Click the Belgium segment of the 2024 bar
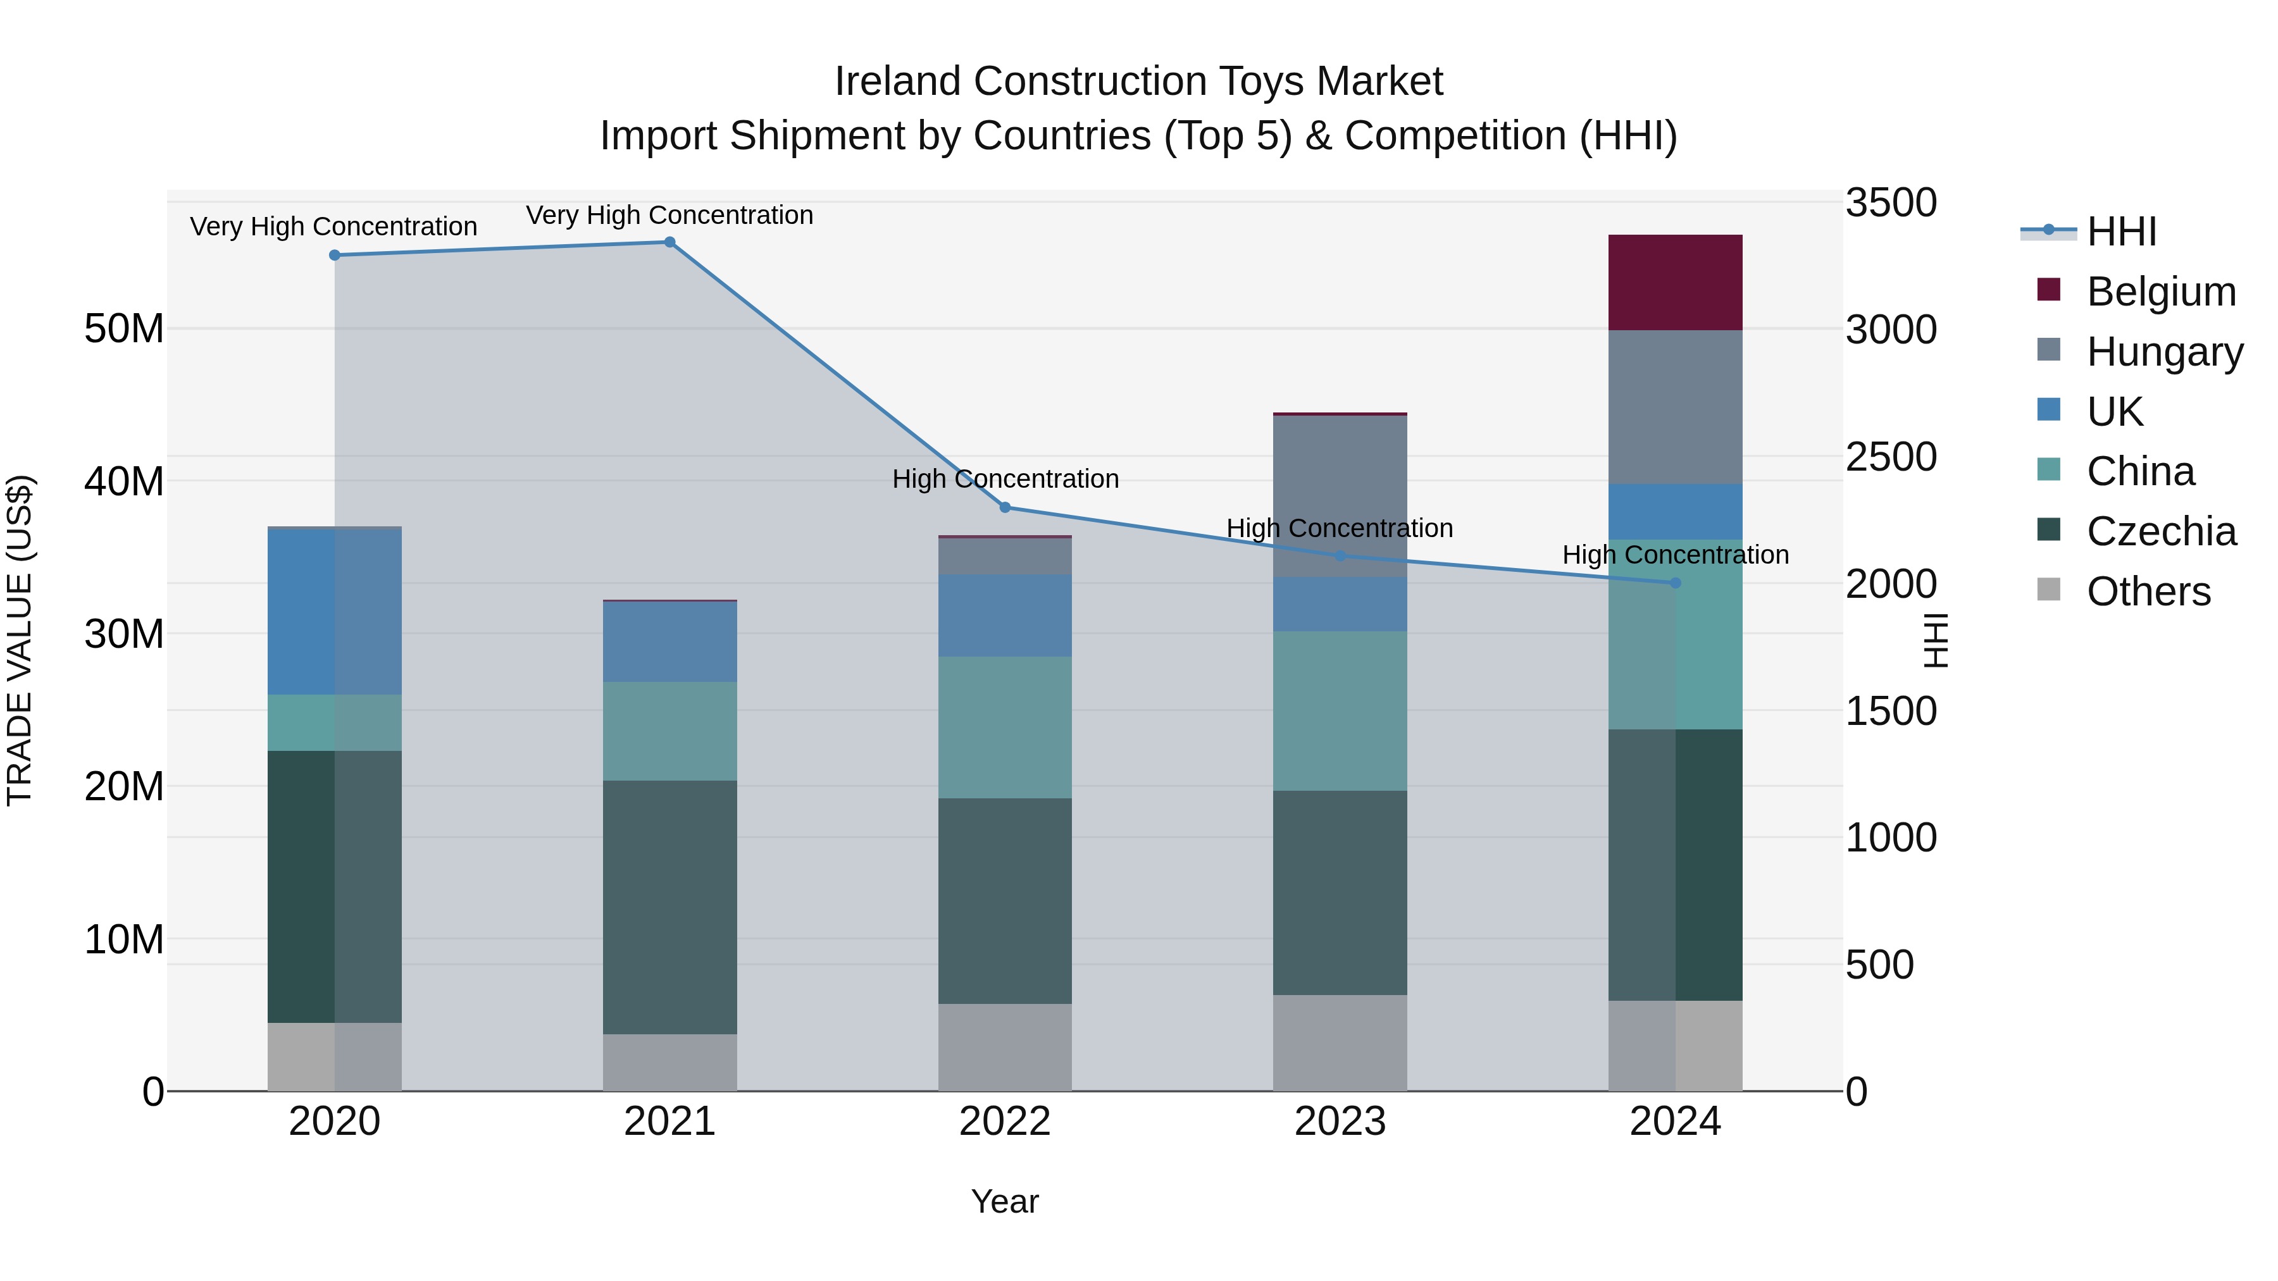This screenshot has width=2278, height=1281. click(1675, 283)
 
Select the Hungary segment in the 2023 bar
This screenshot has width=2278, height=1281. click(1340, 495)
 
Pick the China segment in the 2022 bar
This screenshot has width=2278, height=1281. click(1005, 727)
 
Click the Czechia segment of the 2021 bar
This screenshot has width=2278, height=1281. click(669, 907)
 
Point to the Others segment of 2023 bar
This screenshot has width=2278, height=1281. click(1340, 1043)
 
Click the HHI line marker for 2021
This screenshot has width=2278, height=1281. click(669, 242)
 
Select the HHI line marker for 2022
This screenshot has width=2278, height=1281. click(1005, 507)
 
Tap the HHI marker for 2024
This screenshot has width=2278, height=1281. click(1675, 583)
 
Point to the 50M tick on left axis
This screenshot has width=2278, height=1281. click(124, 329)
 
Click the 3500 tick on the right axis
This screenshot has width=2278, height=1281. click(1891, 202)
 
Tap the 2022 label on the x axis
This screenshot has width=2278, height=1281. click(1005, 1122)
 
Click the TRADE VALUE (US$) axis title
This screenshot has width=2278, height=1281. click(20, 640)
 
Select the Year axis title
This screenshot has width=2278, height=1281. click(1005, 1201)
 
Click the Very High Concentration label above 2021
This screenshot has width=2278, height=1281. click(669, 215)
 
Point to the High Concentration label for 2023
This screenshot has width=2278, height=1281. click(1340, 528)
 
